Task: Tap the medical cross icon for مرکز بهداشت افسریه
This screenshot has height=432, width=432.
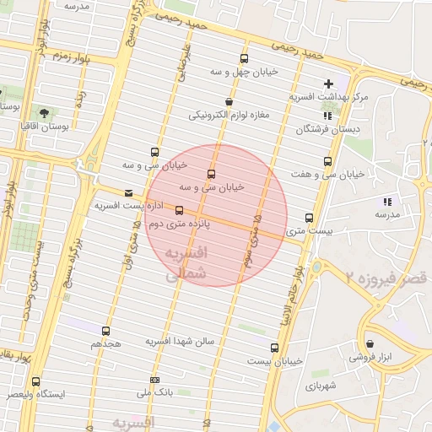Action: coord(328,84)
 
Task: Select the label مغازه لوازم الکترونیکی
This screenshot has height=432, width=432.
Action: coord(228,114)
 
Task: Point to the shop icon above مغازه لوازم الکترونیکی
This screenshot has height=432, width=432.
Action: coord(229,101)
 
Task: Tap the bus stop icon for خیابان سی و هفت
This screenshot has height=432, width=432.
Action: coord(327,162)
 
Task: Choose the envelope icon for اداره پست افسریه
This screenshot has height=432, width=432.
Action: coord(128,193)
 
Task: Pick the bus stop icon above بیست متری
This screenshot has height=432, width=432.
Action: coord(310,218)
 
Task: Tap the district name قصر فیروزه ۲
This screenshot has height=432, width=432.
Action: coord(386,277)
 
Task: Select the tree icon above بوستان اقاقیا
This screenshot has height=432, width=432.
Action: coord(43,112)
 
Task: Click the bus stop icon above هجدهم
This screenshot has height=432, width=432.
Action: coord(105,332)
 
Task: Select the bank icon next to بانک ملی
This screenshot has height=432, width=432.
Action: coord(154,381)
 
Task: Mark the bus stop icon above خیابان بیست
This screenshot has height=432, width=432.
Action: coord(274,348)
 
